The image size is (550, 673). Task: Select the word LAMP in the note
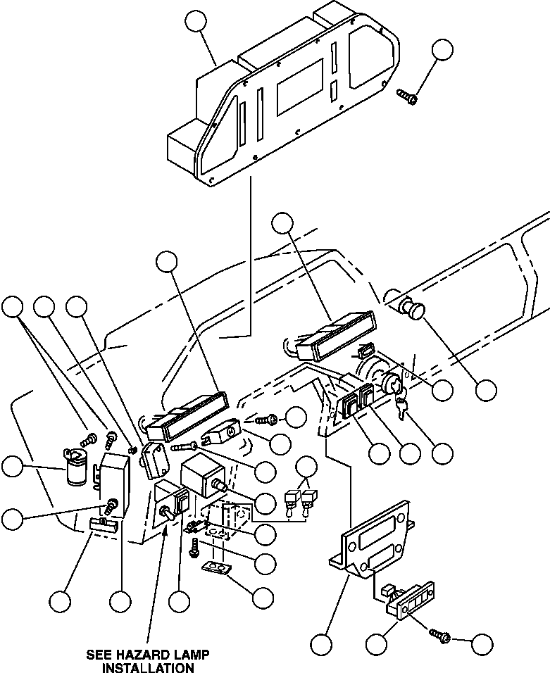[x=189, y=654]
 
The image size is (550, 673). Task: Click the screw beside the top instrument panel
[x=406, y=96]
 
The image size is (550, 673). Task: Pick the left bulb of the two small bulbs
[x=289, y=501]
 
